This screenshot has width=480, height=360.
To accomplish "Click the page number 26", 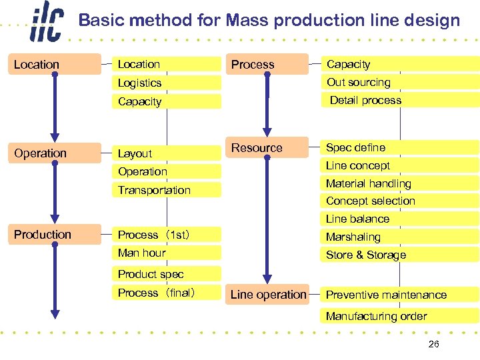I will click(433, 344).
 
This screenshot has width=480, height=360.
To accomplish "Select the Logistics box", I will click(140, 83).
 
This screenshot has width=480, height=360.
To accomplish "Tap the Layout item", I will click(135, 153).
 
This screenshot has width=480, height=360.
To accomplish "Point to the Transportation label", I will click(154, 190).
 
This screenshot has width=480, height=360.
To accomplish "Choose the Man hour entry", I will click(141, 253).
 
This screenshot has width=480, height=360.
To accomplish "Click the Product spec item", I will click(151, 274).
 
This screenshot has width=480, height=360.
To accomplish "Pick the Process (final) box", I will click(157, 293).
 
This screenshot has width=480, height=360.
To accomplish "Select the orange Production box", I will click(43, 235).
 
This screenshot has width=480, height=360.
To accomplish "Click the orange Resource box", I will click(257, 148).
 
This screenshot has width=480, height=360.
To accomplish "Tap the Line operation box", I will click(268, 295).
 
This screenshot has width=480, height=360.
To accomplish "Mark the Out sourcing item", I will click(359, 83).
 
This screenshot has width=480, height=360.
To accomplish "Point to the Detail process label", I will click(366, 101).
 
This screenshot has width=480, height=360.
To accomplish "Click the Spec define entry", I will click(356, 147).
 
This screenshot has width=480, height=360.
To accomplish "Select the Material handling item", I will click(369, 183).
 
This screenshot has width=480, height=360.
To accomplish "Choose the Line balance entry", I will click(358, 219).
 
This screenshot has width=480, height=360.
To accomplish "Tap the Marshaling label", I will click(353, 237).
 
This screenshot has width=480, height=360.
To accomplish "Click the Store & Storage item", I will click(366, 255).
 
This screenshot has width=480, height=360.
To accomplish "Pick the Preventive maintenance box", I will click(387, 295).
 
